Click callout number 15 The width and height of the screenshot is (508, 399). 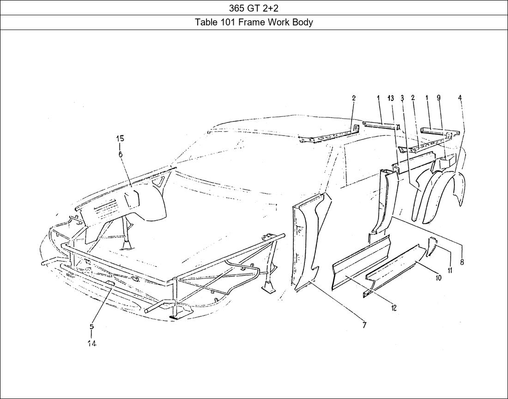pos(120,139)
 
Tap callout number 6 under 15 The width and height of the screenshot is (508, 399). pos(120,154)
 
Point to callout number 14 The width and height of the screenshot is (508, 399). pos(92,344)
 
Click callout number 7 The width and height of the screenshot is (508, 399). pos(364,326)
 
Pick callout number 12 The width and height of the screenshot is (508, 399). pos(393,308)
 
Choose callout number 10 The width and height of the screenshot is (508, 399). pos(438,278)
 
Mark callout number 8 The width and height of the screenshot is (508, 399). pos(462,262)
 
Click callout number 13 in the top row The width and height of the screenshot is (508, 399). pos(391,98)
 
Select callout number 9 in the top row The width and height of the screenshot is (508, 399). pos(438,98)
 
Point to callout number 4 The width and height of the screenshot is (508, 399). pos(460,98)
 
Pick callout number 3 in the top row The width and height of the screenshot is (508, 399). pos(402,98)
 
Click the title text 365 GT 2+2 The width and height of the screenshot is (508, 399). pos(254,8)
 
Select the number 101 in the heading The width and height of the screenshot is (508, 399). pos(227,22)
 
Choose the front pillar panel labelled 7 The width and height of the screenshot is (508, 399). pos(307,240)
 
